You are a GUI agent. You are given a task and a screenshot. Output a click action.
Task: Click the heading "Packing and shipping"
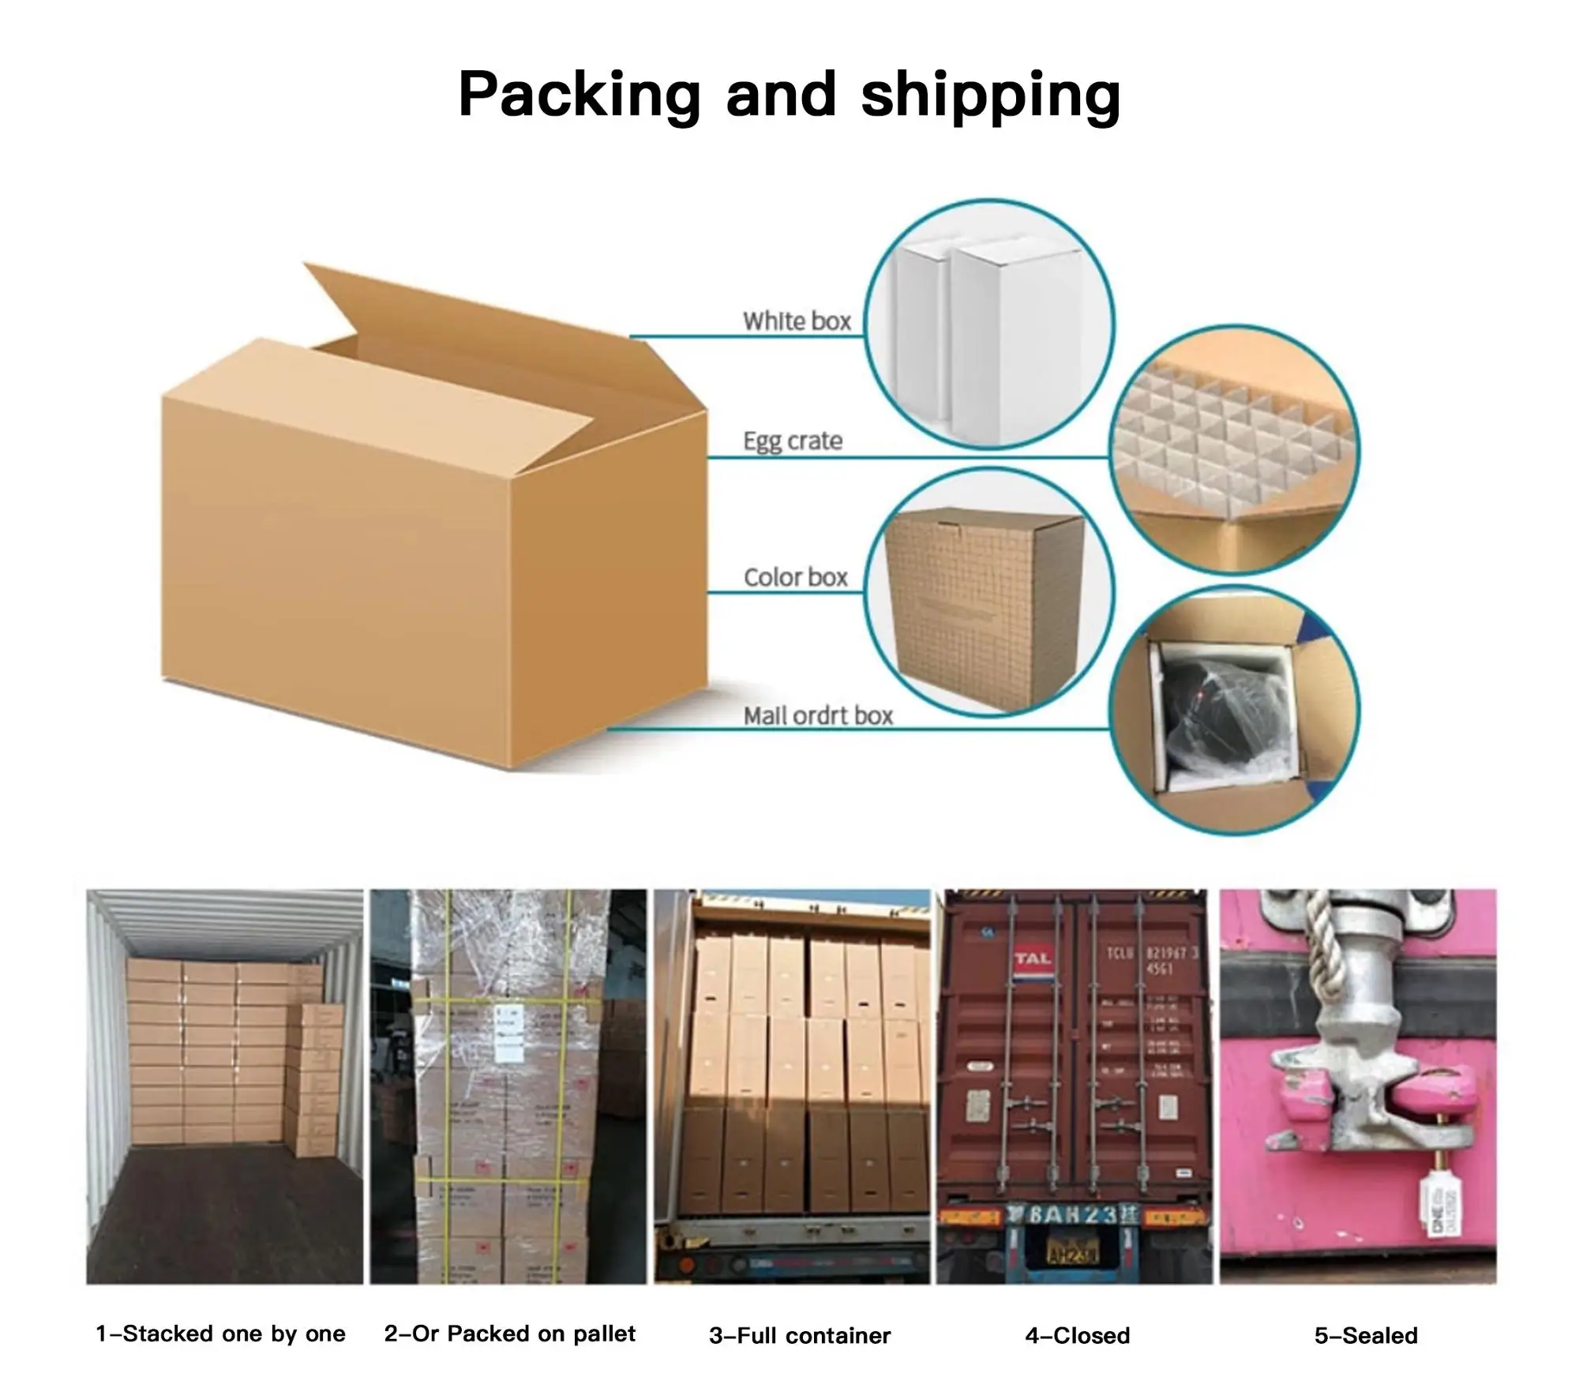789,95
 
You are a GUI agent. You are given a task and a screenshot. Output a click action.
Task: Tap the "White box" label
797,321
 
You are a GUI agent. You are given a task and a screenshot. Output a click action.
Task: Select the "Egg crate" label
793,441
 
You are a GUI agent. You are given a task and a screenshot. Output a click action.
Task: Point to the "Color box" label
795,577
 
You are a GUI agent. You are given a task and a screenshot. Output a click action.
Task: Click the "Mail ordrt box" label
818,716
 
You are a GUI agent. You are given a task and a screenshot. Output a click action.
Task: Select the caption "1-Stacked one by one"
221,1334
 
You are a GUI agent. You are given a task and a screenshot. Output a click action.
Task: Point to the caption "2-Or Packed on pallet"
509,1334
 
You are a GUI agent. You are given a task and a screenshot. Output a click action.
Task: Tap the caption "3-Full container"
800,1335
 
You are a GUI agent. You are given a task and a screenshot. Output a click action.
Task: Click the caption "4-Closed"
1077,1335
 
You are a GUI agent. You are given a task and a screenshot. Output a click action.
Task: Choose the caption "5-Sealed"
1366,1335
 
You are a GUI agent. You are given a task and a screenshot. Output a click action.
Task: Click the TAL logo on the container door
1033,959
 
